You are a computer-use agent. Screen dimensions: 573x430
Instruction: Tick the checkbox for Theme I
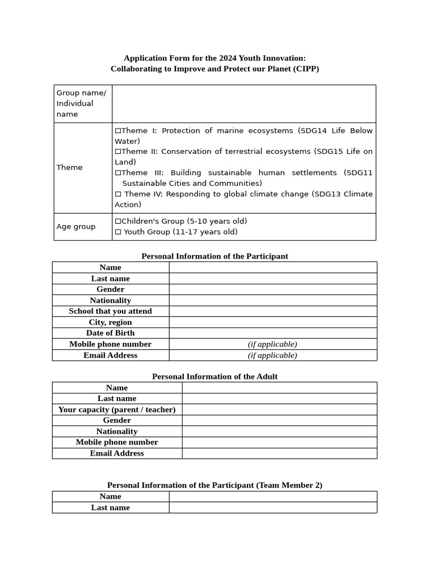point(118,131)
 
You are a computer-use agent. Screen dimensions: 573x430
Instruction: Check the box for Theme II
point(118,152)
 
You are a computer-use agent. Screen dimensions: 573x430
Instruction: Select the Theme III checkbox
point(118,173)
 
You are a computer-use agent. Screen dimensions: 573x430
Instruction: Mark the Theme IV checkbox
point(118,194)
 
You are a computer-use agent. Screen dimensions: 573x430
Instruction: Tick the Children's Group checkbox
point(118,222)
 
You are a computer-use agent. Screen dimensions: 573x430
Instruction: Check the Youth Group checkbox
point(118,232)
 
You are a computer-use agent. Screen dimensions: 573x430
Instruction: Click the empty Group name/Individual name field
point(244,104)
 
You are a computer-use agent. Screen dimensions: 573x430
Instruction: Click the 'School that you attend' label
point(110,311)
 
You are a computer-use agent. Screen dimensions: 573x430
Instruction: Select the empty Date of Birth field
point(273,333)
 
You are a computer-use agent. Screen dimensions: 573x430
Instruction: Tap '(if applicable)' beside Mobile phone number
point(273,344)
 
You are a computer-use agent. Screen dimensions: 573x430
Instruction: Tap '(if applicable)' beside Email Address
point(273,355)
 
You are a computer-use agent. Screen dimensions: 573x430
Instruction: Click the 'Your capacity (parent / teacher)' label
point(117,410)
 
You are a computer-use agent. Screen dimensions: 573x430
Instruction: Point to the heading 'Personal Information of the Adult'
point(214,377)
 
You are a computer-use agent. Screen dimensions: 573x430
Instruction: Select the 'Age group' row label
point(76,227)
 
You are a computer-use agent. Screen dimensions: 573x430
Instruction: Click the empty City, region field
point(273,322)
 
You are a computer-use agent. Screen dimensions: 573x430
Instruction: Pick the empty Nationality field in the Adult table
point(279,431)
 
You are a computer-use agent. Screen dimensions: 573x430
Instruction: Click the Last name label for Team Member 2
point(110,508)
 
